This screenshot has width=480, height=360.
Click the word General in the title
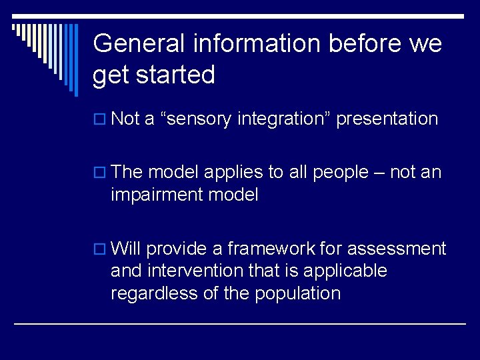[x=139, y=44]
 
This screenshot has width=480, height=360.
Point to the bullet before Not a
[x=100, y=120]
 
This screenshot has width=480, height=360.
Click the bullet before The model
[x=100, y=173]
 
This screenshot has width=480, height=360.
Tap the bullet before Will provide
[x=100, y=250]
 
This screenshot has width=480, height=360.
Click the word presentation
[x=387, y=119]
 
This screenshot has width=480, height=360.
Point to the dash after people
[x=378, y=173]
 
